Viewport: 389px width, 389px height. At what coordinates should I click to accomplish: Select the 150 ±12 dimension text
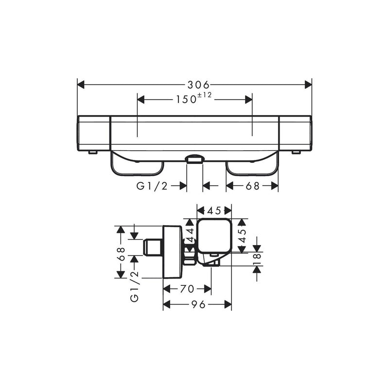coord(194,99)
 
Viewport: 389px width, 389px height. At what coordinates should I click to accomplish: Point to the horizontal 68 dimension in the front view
coord(252,185)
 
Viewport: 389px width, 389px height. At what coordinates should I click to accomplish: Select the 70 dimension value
coord(187,289)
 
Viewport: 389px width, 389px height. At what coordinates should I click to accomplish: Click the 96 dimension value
coord(197,304)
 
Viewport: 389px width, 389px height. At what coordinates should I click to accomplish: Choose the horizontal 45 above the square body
coord(214,210)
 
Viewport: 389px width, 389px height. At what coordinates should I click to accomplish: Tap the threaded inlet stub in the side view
coord(153,248)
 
